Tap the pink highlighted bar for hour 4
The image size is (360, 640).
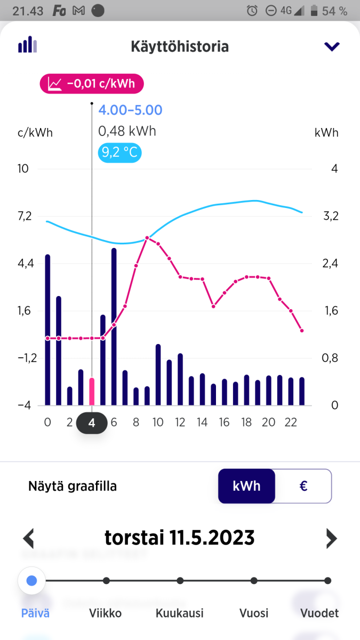coord(92,391)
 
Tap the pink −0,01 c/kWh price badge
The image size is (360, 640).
coord(91,84)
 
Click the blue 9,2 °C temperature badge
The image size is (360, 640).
coord(120,153)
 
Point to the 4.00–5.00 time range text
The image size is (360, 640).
coord(130,110)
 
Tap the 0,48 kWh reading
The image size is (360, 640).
coord(127,131)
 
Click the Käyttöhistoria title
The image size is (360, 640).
coord(180,46)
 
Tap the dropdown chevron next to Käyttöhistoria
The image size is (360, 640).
coord(332,46)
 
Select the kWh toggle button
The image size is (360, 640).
coord(246,486)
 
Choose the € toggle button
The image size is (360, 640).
coord(303,486)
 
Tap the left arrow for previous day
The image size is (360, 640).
coord(29,538)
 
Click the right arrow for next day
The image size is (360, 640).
coord(331,538)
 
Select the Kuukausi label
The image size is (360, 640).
coord(180,613)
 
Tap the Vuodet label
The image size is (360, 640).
coord(319,613)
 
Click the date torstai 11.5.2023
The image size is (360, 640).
coord(180,538)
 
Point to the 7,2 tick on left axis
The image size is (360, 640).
coord(25,216)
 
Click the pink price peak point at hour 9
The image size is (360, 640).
coord(147,237)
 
